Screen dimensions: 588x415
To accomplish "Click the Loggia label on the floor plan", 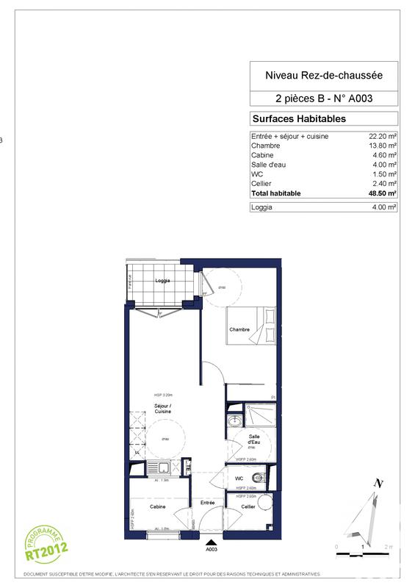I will click(x=162, y=281).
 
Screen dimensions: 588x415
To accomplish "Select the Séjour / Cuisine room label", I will click(x=162, y=409).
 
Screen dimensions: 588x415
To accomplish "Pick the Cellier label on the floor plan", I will click(x=248, y=507).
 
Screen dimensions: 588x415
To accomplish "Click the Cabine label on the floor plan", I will click(x=157, y=507).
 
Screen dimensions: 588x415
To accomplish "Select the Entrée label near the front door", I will click(x=207, y=503).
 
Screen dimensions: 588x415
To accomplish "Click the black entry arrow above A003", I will click(x=212, y=541).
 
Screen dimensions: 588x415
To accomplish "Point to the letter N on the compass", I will click(x=379, y=483).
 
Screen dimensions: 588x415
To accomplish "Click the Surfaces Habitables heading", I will click(x=299, y=118).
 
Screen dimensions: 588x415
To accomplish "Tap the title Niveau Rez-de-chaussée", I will click(x=324, y=74).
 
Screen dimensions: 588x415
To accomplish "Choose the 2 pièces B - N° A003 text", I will click(x=324, y=98).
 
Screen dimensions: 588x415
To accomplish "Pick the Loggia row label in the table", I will click(x=262, y=207).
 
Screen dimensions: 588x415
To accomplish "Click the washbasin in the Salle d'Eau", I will click(x=234, y=421).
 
